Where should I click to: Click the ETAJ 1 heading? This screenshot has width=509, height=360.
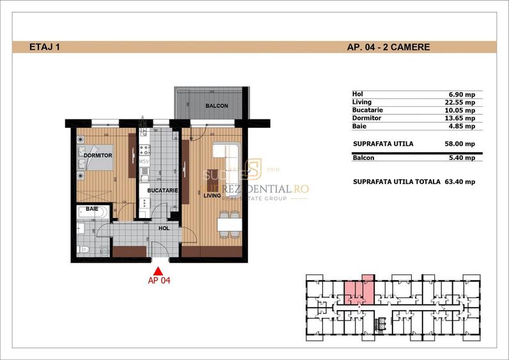pyautogui.click(x=45, y=47)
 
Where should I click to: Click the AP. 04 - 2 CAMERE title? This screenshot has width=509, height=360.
pyautogui.click(x=388, y=47)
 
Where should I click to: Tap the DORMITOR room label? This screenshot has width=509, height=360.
pyautogui.click(x=97, y=155)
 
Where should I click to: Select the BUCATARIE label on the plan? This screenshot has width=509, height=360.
pyautogui.click(x=162, y=191)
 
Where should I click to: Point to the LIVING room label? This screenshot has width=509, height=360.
pyautogui.click(x=212, y=196)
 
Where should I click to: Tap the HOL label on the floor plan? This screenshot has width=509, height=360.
pyautogui.click(x=164, y=226)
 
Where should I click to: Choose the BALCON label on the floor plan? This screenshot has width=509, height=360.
pyautogui.click(x=217, y=106)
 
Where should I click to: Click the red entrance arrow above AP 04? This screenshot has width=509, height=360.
pyautogui.click(x=159, y=270)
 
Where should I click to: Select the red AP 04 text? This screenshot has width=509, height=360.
pyautogui.click(x=159, y=279)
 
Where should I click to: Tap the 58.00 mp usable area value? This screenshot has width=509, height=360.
pyautogui.click(x=460, y=144)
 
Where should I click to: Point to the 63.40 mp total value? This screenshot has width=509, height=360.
pyautogui.click(x=459, y=182)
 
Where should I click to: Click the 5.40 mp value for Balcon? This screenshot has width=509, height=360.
pyautogui.click(x=462, y=157)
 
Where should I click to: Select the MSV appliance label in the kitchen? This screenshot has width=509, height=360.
pyautogui.click(x=145, y=162)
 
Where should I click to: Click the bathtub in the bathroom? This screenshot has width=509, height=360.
pyautogui.click(x=91, y=212)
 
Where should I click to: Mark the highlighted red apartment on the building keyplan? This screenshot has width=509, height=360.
pyautogui.click(x=357, y=292)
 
